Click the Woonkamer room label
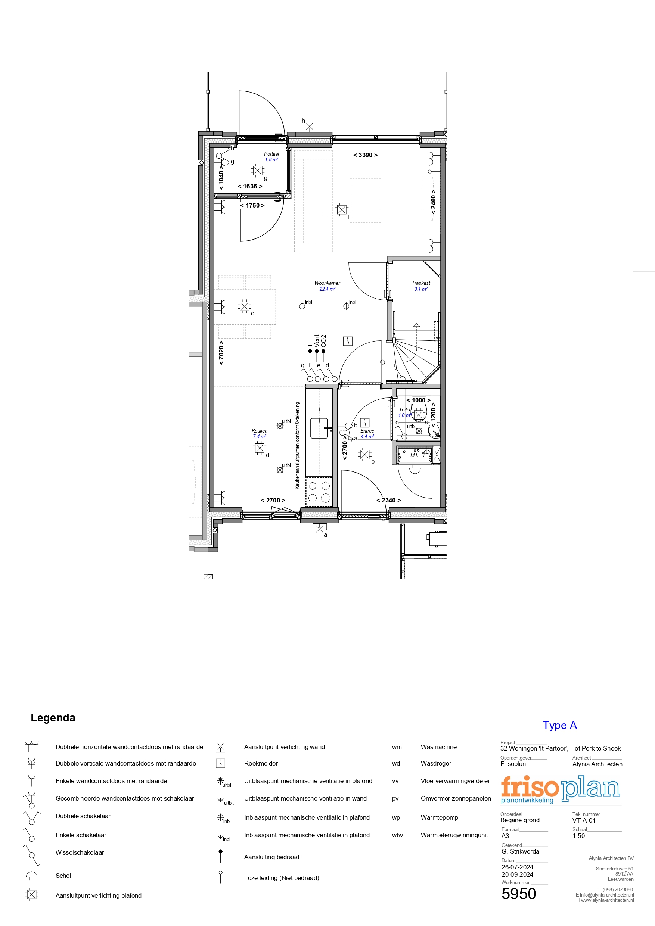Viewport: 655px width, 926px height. [327, 283]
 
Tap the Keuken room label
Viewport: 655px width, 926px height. [260, 431]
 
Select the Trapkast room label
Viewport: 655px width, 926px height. [421, 283]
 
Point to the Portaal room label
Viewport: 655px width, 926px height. [271, 154]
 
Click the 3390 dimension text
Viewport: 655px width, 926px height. [366, 155]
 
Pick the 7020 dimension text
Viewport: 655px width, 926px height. [221, 352]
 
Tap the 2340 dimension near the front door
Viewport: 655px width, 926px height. [389, 500]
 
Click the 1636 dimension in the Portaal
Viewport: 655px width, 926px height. [250, 186]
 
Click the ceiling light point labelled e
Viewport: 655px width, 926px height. [244, 306]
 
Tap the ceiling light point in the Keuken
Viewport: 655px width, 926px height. [260, 448]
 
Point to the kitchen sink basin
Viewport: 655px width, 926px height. [319, 428]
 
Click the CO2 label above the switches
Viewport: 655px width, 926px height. [323, 341]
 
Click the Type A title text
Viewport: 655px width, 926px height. [560, 725]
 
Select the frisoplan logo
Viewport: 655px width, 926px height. [560, 790]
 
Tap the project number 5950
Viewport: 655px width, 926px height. [519, 894]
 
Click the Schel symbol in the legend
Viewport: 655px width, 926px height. [32, 876]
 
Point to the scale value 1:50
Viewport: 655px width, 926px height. [578, 836]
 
